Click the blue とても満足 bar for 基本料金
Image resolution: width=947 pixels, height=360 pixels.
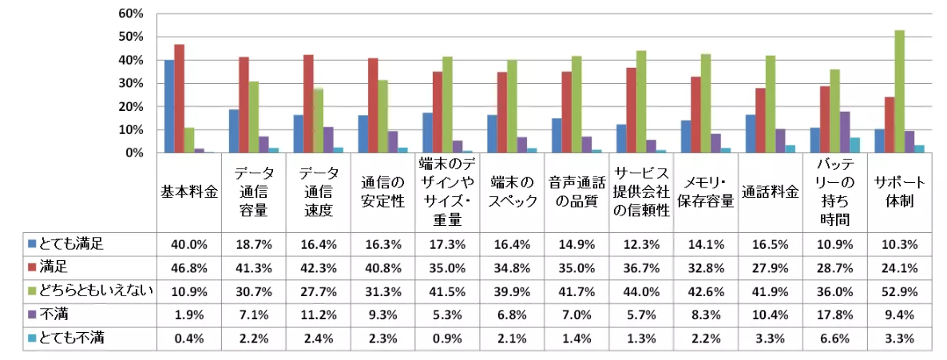click(x=169, y=106)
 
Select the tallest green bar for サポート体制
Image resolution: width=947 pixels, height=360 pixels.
click(x=899, y=91)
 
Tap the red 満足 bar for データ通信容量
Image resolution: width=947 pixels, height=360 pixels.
click(x=244, y=105)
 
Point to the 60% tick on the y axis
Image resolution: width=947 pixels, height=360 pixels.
click(x=130, y=14)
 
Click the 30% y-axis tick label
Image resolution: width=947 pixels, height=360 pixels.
click(x=130, y=83)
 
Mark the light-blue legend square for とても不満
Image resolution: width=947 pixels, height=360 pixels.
click(x=31, y=338)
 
